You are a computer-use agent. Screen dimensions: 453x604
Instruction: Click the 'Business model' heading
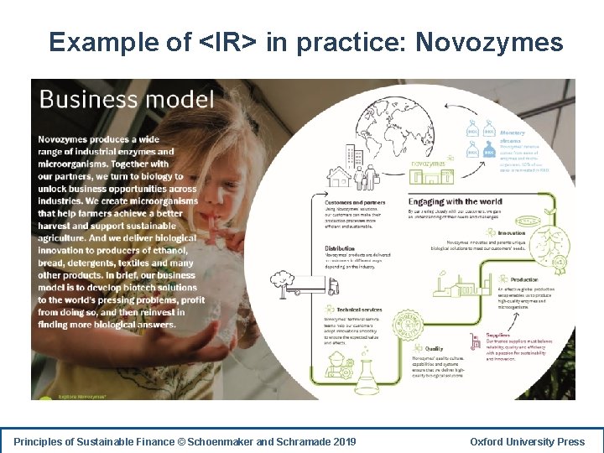tap(127, 100)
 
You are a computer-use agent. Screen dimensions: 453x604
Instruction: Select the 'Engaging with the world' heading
tap(456, 201)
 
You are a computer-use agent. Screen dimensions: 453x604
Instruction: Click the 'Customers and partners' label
tap(356, 203)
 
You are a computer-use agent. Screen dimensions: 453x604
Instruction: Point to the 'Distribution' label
tap(340, 249)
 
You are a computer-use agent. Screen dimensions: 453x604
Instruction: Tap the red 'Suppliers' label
tap(498, 335)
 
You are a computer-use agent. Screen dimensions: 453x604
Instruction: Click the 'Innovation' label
tap(511, 233)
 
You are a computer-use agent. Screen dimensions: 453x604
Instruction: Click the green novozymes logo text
tap(430, 164)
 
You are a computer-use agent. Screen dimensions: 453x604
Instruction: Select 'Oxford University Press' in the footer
tap(527, 441)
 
